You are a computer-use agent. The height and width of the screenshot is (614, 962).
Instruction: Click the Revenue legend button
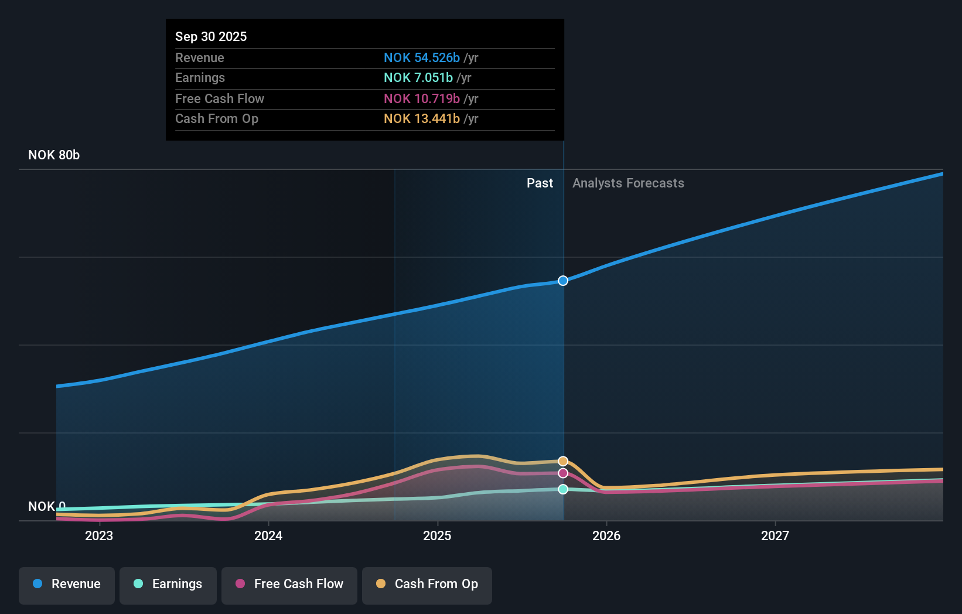point(67,584)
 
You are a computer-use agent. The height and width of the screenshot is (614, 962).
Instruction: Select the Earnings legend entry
point(168,584)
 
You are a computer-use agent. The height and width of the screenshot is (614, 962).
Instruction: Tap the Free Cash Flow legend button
point(289,584)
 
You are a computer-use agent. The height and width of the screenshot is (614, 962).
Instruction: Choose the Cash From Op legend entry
point(427,584)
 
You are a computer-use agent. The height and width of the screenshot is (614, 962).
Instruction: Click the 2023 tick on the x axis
point(99,535)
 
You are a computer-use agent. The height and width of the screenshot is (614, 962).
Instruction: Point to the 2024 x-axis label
point(268,535)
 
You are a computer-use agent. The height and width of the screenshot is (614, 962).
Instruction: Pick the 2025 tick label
point(437,535)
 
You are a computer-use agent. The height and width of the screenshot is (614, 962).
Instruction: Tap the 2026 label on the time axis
point(606,535)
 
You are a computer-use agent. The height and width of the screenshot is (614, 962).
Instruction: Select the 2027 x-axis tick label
point(775,535)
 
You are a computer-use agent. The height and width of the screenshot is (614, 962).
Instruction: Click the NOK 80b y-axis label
point(54,155)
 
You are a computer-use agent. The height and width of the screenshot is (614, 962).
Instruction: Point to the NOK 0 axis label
point(47,506)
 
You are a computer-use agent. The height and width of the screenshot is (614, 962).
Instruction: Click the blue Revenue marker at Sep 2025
point(563,281)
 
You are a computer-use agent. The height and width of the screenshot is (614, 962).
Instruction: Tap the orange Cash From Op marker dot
point(563,461)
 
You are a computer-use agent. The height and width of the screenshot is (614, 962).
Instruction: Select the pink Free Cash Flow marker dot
point(563,473)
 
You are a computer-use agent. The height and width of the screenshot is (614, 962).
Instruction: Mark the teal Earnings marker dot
point(563,489)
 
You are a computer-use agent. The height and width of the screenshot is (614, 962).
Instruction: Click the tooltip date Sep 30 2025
point(211,36)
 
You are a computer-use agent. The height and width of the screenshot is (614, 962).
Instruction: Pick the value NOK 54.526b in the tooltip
point(421,57)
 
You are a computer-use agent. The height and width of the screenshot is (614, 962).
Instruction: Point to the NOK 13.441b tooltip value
point(421,118)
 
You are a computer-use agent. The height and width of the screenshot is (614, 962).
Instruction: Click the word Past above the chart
point(540,183)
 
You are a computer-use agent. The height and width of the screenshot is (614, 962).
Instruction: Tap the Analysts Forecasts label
point(628,183)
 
